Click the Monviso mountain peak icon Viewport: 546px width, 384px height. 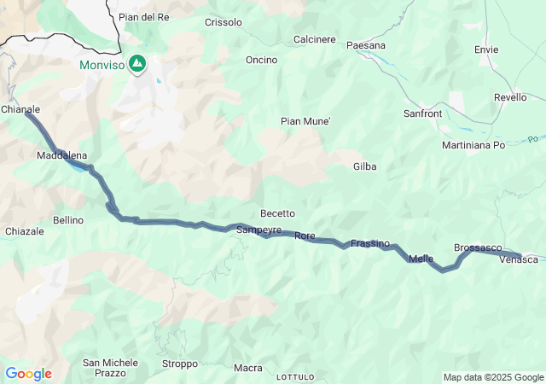136,65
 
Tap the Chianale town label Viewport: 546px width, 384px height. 20,109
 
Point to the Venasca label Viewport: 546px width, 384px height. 519,259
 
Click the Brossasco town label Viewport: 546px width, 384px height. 478,247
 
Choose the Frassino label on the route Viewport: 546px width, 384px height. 370,243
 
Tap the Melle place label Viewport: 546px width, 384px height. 421,259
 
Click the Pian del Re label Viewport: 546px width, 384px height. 143,17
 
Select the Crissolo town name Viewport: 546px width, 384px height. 224,22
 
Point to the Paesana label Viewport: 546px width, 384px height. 367,45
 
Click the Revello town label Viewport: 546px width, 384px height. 510,97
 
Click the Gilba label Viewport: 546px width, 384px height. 364,166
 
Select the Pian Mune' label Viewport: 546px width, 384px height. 305,121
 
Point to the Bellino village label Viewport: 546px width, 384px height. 68,220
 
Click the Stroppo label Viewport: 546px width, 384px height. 179,364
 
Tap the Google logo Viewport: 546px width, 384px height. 28,374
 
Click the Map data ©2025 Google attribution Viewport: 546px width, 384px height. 493,377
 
